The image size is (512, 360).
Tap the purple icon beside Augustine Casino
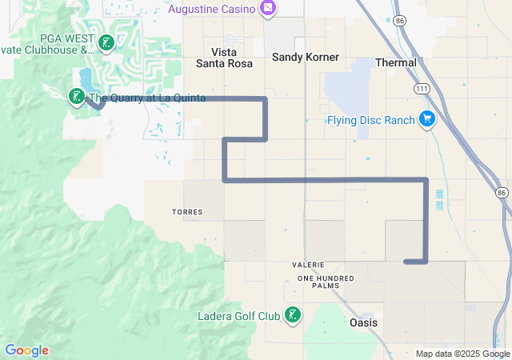[267, 9]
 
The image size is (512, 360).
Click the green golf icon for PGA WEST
[105, 44]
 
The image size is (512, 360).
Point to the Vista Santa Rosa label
[226, 58]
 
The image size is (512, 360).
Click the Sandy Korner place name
[306, 58]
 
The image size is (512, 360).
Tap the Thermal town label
[396, 62]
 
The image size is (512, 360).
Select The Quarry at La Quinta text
[147, 98]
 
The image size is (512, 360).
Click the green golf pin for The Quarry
[77, 98]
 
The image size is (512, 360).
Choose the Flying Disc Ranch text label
[370, 121]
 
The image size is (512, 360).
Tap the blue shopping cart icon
[427, 120]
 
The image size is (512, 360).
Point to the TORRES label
[187, 212]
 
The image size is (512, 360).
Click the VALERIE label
[308, 264]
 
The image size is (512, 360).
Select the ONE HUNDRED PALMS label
[324, 281]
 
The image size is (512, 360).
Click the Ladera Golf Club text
[239, 316]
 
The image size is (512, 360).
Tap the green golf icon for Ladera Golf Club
[294, 316]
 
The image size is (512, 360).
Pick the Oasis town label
[364, 322]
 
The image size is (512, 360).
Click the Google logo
[26, 350]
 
